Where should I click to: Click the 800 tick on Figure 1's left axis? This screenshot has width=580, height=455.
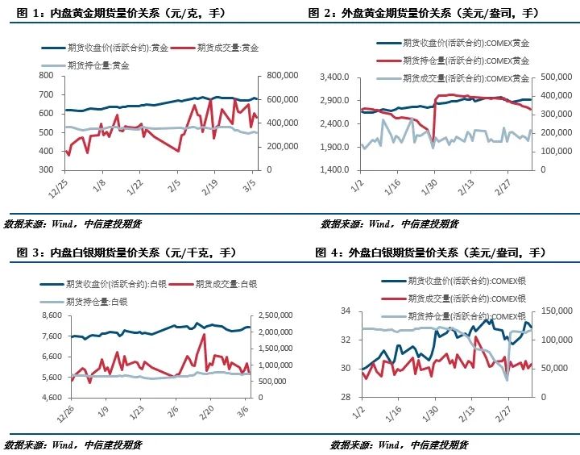click(45, 75)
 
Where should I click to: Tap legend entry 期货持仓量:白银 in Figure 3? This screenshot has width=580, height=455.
click(97, 300)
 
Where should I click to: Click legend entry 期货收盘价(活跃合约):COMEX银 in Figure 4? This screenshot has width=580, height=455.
click(466, 281)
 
